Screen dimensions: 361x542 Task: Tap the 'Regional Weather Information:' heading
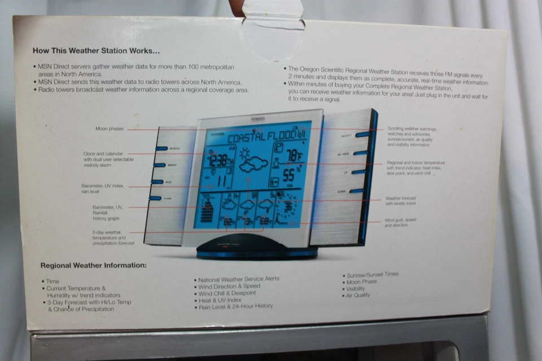coord(93,265)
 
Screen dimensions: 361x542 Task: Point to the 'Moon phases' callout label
coord(109,129)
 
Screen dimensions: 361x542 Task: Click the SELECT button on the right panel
coord(361,135)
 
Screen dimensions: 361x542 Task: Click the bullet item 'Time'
coord(53,281)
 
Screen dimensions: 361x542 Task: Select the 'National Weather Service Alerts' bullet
coord(238,279)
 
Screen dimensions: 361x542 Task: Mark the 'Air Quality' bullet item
coord(359,295)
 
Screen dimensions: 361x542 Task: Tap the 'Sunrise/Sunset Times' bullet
coord(372,274)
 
